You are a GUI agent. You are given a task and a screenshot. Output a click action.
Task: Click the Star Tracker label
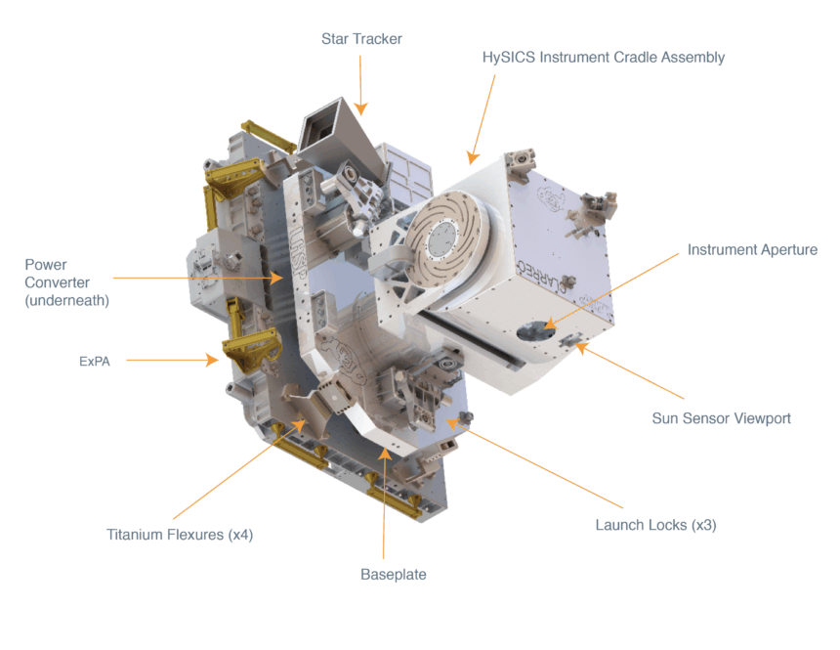click(x=361, y=39)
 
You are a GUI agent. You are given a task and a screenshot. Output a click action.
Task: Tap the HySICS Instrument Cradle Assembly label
click(x=604, y=58)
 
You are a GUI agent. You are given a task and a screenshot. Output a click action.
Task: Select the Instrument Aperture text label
click(x=752, y=250)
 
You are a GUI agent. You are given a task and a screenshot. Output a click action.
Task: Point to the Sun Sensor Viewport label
click(x=721, y=418)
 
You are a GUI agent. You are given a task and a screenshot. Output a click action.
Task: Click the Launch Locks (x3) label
click(x=655, y=525)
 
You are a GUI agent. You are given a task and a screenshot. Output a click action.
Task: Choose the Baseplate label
click(x=394, y=575)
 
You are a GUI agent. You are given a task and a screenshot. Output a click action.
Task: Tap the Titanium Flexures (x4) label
click(x=180, y=535)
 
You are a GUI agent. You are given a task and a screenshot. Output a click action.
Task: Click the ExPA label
click(x=95, y=362)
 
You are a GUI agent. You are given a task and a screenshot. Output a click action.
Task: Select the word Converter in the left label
click(x=58, y=282)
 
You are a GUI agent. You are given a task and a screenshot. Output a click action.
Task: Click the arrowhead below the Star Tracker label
click(x=361, y=108)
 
